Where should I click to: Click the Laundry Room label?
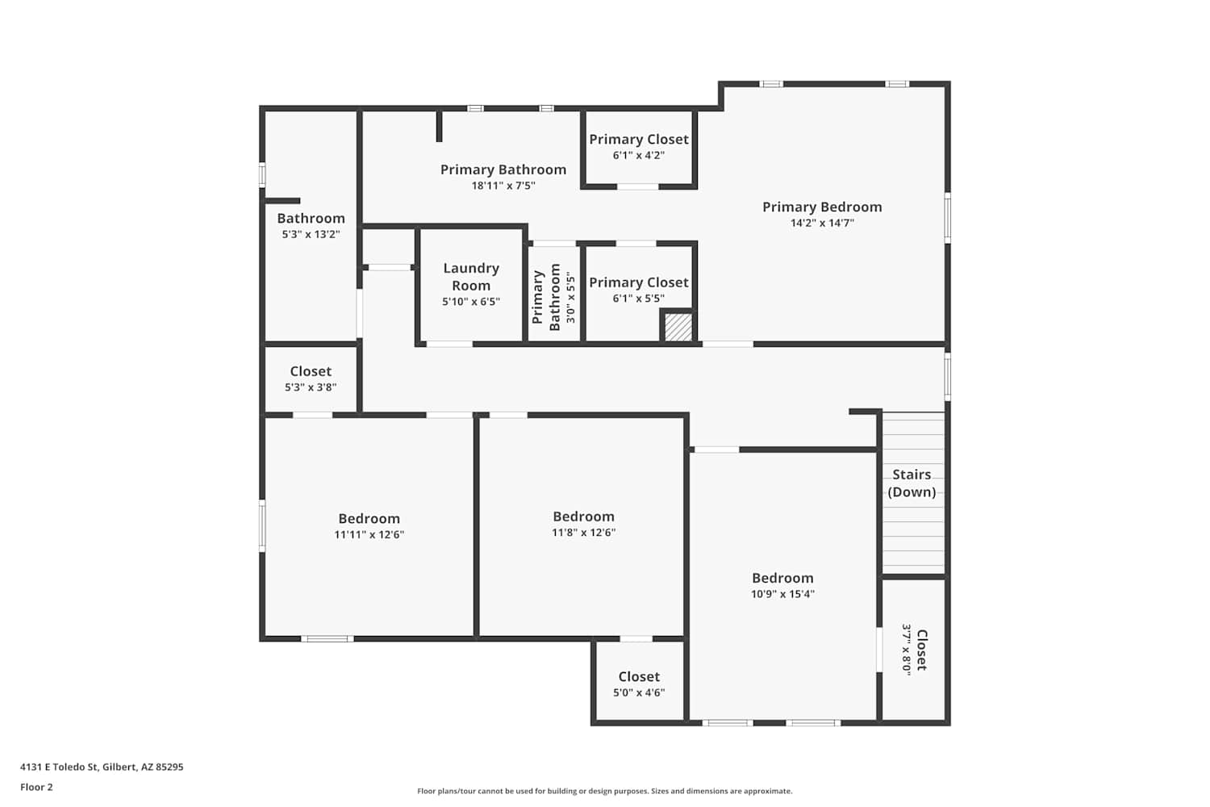471,277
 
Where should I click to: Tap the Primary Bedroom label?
822,207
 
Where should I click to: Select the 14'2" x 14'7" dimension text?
822,223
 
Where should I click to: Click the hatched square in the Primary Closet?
678,327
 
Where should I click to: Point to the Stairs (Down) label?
912,483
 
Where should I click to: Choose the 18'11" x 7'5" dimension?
503,186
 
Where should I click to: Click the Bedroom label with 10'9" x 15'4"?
782,578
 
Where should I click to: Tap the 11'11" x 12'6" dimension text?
369,534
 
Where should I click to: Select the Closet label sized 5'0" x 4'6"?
639,677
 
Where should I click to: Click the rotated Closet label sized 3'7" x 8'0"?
922,650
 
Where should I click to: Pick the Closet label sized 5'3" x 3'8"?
311,371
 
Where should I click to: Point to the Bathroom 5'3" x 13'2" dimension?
311,235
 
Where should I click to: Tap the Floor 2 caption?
37,787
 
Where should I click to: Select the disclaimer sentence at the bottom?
604,791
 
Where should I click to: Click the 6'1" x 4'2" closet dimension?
639,156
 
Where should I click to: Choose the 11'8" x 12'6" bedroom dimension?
583,533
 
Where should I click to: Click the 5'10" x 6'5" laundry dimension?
471,302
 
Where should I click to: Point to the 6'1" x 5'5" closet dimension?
639,299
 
